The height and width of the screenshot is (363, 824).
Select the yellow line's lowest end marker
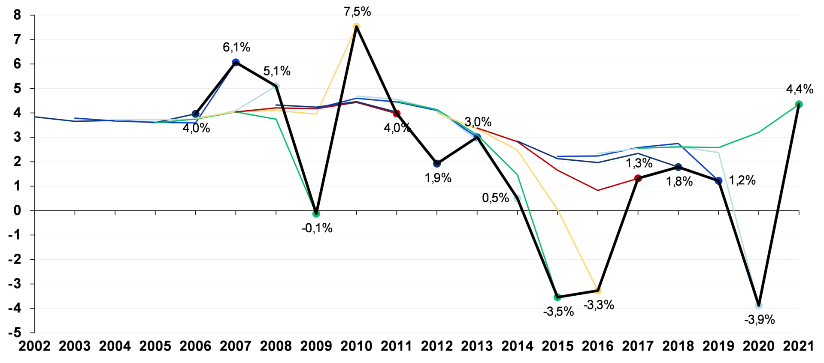(598, 291)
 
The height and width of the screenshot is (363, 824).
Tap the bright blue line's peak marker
(236, 61)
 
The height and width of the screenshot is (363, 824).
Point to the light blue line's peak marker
(276, 86)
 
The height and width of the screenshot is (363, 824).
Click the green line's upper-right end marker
(799, 104)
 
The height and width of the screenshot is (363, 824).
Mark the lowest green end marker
(558, 297)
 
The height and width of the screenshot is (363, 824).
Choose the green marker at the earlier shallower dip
(317, 214)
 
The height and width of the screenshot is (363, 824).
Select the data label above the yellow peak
(357, 12)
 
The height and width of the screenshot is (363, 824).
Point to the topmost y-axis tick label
(18, 16)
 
